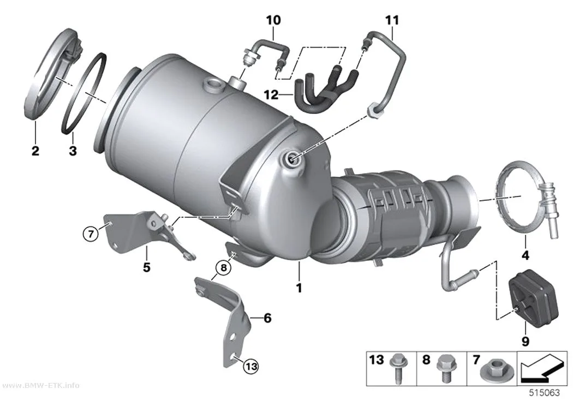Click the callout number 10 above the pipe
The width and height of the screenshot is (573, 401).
[273, 20]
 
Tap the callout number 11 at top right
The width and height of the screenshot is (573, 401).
[392, 20]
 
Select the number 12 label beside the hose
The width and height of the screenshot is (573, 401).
[271, 95]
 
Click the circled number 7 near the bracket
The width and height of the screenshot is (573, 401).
[91, 233]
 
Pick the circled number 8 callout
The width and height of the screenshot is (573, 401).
[224, 268]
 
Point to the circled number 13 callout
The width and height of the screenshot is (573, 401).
[252, 366]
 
